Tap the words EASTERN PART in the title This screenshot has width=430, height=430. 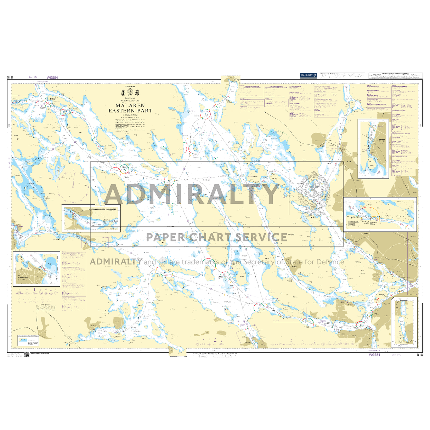130,111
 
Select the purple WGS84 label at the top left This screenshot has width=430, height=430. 52,78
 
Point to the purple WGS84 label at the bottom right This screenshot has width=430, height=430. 374,355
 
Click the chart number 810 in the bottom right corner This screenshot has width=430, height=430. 420,355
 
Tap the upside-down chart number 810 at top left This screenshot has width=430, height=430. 10,78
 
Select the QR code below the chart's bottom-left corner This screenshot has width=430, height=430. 27,355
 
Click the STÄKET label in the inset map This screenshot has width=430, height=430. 382,140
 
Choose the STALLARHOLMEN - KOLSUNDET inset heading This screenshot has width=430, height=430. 104,210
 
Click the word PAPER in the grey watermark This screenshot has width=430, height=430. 166,237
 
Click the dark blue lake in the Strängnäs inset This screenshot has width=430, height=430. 51,262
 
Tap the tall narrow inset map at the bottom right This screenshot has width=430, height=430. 404,322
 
